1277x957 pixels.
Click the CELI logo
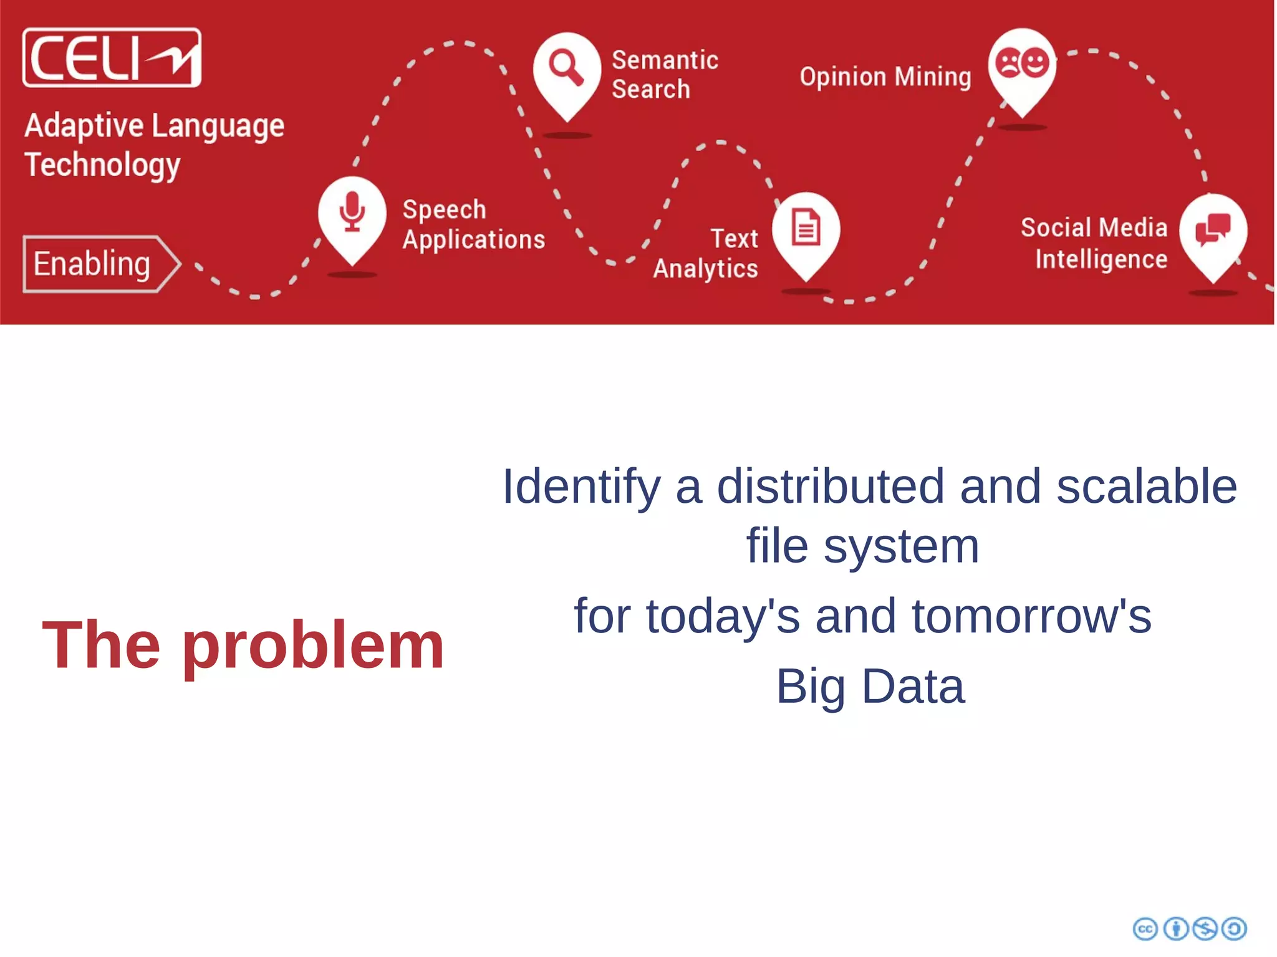point(112,57)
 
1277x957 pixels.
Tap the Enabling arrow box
point(100,264)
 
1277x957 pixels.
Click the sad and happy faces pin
point(1022,64)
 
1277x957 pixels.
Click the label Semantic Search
point(664,75)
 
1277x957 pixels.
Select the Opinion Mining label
point(885,77)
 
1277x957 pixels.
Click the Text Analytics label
point(706,254)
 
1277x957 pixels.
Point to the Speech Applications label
point(473,224)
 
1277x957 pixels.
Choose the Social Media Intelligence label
point(1094,244)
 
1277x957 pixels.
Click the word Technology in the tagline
point(102,165)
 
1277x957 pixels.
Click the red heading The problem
point(243,645)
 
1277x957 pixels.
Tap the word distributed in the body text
point(831,487)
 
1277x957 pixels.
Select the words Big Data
point(870,687)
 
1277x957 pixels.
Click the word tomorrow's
point(1031,616)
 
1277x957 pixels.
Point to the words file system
point(863,546)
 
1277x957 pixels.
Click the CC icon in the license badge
point(1145,929)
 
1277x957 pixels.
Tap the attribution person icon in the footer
point(1175,929)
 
